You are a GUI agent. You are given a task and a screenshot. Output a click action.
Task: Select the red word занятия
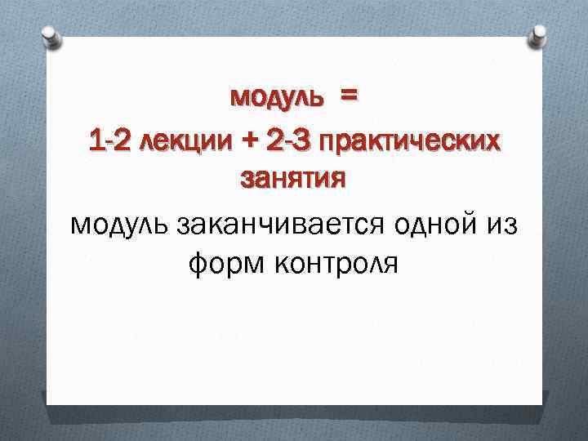[x=293, y=178]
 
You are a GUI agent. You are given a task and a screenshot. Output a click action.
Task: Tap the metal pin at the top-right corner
[x=539, y=36]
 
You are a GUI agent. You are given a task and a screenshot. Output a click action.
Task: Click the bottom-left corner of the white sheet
[x=47, y=405]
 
